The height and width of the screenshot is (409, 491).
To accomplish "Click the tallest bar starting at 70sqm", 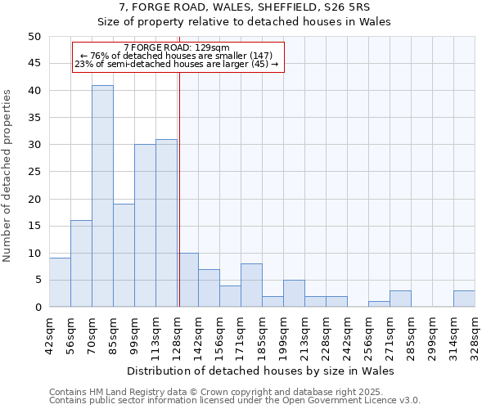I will (x=102, y=196).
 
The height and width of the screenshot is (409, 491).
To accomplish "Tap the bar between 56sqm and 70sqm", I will (x=81, y=263).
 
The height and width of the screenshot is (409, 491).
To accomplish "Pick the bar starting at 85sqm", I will (x=124, y=255).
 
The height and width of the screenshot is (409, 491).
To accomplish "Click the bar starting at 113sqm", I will (x=166, y=223).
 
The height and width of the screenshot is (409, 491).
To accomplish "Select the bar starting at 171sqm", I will (x=251, y=285).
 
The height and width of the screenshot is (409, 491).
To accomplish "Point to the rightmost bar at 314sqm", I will (x=464, y=299).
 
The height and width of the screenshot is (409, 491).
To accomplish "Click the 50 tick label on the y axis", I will (x=34, y=37).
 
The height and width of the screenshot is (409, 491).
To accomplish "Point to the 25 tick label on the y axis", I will (x=34, y=172).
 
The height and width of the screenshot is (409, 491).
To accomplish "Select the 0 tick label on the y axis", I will (x=37, y=307).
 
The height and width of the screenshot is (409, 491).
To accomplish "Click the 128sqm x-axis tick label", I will (x=178, y=334).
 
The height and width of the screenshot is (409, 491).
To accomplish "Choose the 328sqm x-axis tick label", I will (x=475, y=334).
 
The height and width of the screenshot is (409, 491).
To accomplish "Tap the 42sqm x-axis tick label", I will (x=49, y=334).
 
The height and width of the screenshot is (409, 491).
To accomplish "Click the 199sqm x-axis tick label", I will (x=284, y=334).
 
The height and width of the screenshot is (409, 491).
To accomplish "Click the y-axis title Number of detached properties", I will (x=8, y=172).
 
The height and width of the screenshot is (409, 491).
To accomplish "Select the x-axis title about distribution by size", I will (x=262, y=371).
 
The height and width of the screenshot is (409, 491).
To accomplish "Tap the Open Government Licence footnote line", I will (x=235, y=401).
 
